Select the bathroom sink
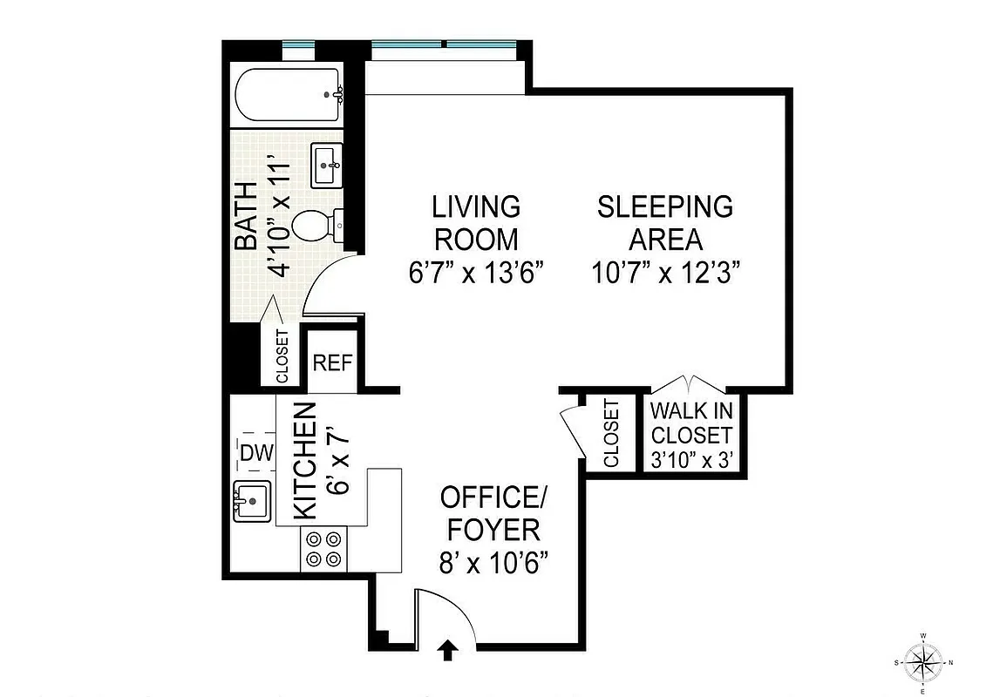point(328,164)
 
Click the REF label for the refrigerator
point(332,362)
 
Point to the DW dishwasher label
point(256,453)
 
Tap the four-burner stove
point(323,550)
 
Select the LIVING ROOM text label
point(476,222)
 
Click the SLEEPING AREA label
point(664,222)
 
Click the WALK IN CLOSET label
point(692,422)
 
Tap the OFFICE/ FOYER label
point(493,513)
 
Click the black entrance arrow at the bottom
point(448,651)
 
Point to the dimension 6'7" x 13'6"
point(476,273)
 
